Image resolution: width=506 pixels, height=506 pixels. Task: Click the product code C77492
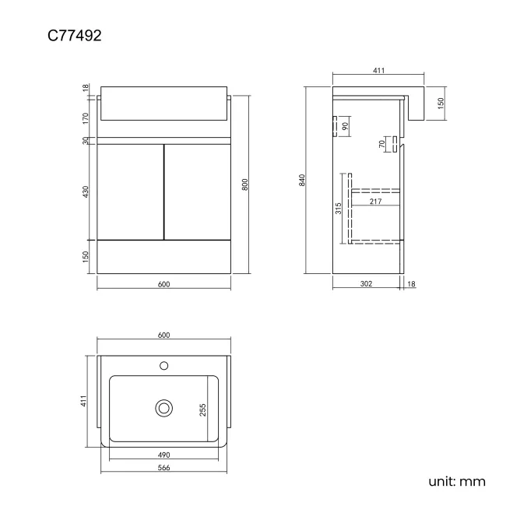pos(75,36)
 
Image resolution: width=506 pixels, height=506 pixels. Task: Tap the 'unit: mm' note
pos(457,481)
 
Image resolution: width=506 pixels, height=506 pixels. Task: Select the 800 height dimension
pos(245,184)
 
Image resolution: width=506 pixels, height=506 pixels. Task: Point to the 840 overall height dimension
pos(301,180)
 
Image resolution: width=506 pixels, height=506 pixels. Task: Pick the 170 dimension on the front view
pos(86,118)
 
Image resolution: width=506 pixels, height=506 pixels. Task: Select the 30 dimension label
pos(86,141)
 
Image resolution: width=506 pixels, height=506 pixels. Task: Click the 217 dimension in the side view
pos(375,202)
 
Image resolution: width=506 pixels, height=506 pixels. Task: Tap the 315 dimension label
pos(339,209)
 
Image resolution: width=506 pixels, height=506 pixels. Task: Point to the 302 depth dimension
pos(367,284)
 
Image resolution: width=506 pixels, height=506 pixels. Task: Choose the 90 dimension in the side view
pos(345,126)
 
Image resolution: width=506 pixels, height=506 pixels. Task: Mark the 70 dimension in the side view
pos(382,144)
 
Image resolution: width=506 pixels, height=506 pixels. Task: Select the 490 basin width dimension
pos(163,455)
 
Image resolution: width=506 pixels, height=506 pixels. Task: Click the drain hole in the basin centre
pos(163,407)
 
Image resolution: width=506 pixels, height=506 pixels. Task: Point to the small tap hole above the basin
pos(163,364)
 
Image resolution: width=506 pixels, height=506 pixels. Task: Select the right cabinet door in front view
pos(198,192)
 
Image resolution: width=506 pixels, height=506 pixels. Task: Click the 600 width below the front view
pos(163,284)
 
